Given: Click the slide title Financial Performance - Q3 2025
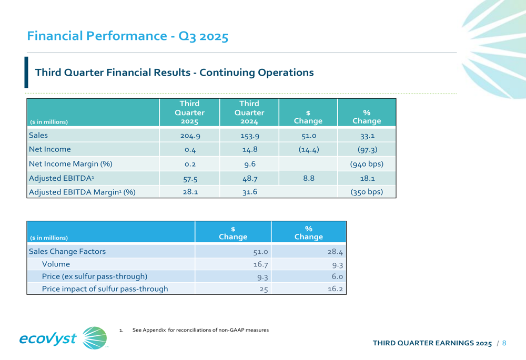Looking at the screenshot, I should click(128, 37).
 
